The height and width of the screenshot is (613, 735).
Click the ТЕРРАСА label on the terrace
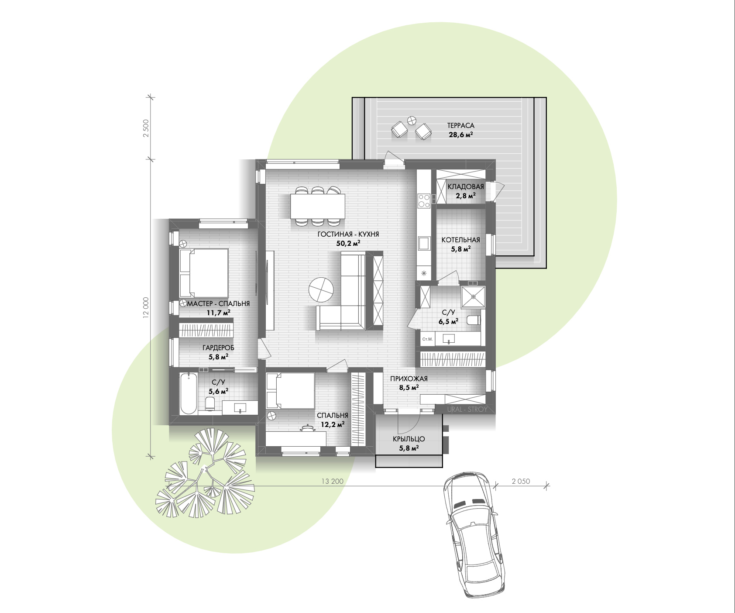pos(460,125)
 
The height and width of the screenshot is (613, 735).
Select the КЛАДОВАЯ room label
pos(466,186)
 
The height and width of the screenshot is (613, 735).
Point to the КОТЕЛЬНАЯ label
pos(460,240)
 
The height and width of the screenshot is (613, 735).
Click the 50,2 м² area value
pos(348,243)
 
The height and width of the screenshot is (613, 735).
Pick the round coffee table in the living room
pos(321,289)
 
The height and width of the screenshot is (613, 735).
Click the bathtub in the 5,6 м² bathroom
pos(189,393)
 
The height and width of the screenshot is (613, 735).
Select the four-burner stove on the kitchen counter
pos(424,200)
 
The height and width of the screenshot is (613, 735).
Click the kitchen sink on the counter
pos(424,243)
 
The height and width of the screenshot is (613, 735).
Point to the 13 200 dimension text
pos(333,481)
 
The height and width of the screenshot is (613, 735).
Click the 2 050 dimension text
pos(521,481)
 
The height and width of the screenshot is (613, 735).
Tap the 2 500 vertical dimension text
pos(146,128)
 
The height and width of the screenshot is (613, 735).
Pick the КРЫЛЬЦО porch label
pos(409,439)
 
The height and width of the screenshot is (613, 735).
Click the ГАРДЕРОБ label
pos(218,348)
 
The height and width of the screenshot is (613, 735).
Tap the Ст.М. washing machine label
pos(427,339)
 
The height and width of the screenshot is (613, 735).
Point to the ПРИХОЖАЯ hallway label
pos(409,379)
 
